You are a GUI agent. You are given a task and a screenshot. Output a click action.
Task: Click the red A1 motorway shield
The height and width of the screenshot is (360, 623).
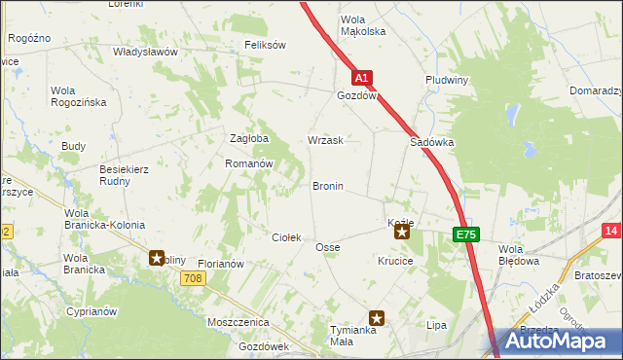[x=361, y=77]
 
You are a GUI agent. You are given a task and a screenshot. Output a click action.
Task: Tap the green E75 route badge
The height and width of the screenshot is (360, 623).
[x=465, y=234]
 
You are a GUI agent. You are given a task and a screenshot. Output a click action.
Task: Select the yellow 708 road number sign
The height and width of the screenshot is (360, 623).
[x=193, y=279]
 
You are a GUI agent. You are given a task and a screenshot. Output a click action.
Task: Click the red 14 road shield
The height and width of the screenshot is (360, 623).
[x=611, y=231]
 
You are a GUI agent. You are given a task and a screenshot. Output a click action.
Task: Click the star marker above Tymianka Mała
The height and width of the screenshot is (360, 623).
[x=377, y=317]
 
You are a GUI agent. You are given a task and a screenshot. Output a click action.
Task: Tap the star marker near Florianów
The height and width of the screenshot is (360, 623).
[x=157, y=258]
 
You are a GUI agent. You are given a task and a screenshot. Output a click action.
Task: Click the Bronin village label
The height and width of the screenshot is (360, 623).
[x=327, y=186]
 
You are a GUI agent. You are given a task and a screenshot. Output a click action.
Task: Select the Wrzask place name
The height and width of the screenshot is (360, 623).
[x=325, y=140]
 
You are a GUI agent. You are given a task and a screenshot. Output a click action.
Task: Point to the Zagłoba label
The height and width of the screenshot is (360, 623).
[x=247, y=138]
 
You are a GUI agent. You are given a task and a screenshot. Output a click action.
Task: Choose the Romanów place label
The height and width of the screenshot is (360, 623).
[x=247, y=164]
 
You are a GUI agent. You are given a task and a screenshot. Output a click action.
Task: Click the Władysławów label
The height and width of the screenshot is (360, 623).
[x=144, y=51]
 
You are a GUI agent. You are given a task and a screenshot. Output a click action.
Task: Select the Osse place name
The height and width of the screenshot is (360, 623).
[x=327, y=248]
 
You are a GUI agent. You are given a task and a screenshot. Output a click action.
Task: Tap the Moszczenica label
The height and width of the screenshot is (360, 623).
[x=238, y=321]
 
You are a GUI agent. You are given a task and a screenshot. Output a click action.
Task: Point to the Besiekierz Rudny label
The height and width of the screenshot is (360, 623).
[x=124, y=174]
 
